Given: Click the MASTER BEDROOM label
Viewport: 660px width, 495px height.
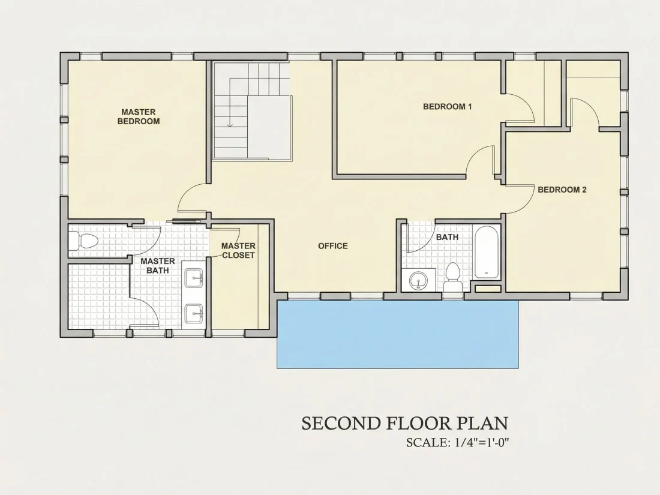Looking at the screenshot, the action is click(x=139, y=116).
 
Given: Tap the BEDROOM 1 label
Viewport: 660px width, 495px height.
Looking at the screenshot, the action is click(x=447, y=106).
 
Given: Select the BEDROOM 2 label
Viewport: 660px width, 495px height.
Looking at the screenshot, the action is click(x=562, y=190).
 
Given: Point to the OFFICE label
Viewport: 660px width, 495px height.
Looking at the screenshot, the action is click(x=332, y=246).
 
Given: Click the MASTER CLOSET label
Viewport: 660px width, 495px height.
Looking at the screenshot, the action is click(x=238, y=250).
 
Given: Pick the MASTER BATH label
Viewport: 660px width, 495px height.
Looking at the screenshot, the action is click(x=157, y=266).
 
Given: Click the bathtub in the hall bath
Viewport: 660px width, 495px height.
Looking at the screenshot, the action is click(x=487, y=252).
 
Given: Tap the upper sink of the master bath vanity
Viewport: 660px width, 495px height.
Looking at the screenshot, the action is click(x=194, y=278).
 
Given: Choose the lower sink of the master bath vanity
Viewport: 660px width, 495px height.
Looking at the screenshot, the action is click(x=194, y=314).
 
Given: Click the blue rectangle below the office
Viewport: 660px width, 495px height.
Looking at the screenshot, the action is click(x=397, y=334).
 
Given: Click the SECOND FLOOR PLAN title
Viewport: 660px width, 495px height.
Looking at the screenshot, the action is click(x=404, y=423).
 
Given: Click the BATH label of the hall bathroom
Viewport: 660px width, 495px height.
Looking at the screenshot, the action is click(x=447, y=237).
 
